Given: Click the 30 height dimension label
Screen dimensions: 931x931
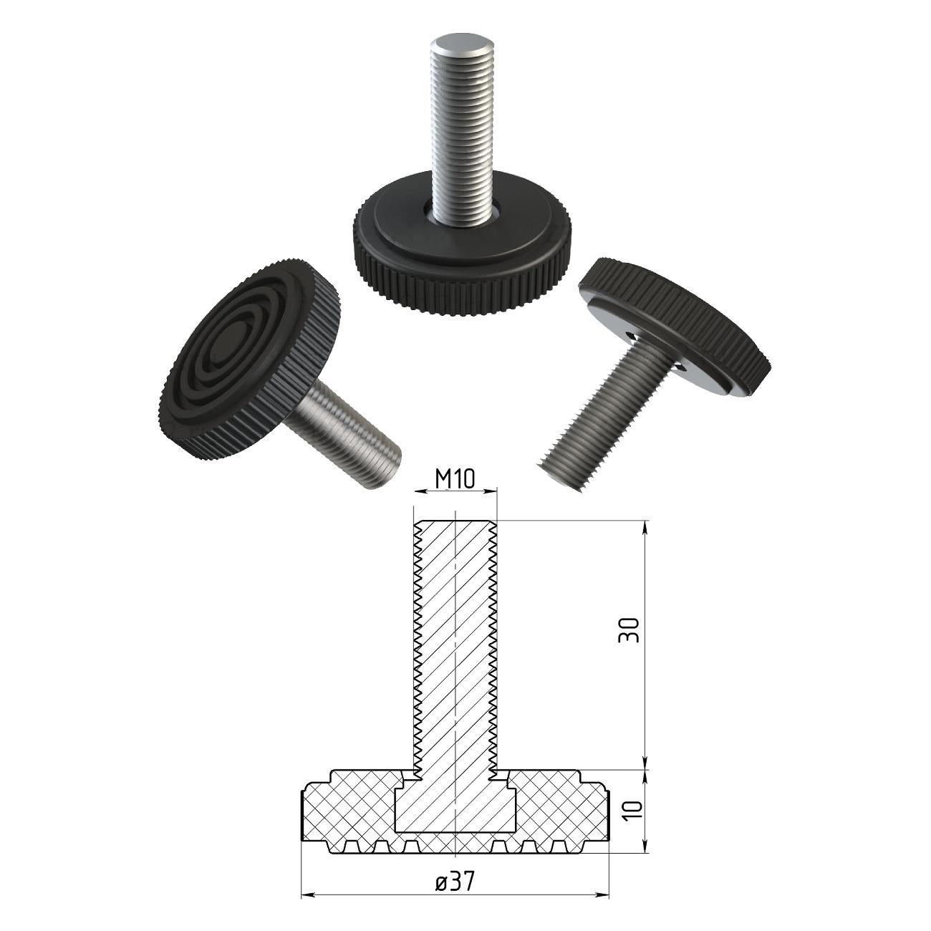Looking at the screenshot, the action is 629,630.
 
